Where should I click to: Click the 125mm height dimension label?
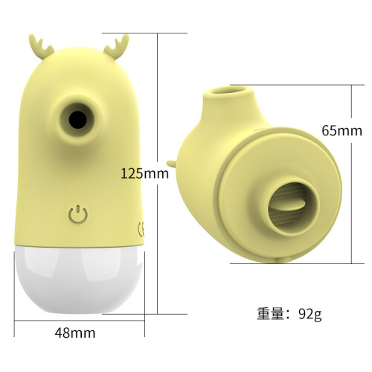point(145,173)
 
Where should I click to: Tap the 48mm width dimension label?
point(75,333)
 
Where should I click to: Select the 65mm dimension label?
point(342,130)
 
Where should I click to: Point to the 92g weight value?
point(310,315)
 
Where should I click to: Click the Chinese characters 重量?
point(270,314)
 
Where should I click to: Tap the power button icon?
point(78,214)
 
